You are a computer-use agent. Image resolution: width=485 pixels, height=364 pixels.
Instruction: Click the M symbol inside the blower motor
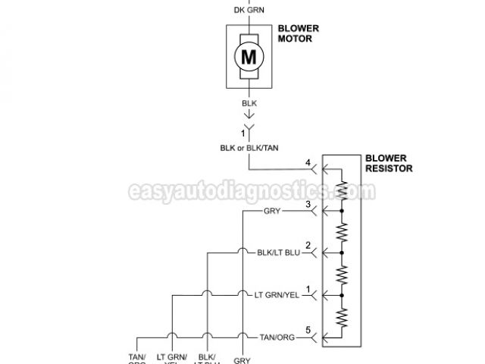click(x=246, y=55)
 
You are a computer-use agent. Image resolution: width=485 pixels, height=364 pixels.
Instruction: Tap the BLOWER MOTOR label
click(x=298, y=34)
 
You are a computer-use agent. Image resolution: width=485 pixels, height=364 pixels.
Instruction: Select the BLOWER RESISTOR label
click(x=388, y=163)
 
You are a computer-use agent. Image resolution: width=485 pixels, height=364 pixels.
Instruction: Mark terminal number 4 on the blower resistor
click(x=307, y=162)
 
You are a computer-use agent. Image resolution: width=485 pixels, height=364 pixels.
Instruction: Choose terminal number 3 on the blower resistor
click(x=307, y=204)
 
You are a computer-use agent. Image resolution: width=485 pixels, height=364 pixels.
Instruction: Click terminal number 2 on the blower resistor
click(x=307, y=245)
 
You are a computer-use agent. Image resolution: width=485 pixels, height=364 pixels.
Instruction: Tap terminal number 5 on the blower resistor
click(x=307, y=328)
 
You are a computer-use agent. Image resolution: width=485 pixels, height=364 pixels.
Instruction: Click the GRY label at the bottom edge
click(x=242, y=360)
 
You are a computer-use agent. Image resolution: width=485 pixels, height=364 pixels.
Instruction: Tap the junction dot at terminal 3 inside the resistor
click(x=343, y=211)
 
